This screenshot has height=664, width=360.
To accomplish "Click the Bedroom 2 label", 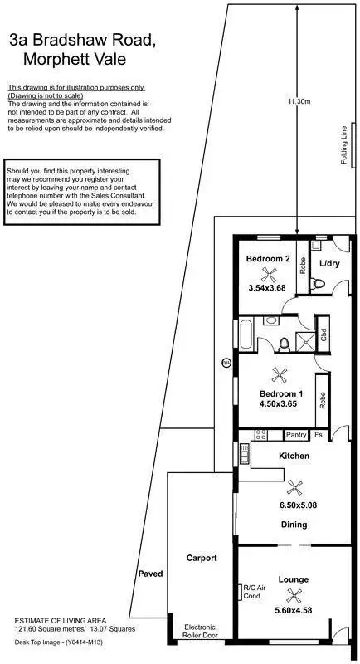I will (x=268, y=259).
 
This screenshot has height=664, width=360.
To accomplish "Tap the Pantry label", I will (x=295, y=434).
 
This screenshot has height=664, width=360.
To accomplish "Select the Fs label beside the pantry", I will (x=319, y=434).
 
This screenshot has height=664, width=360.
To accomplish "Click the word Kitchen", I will (x=294, y=456).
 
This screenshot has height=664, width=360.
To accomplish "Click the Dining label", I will (x=293, y=525).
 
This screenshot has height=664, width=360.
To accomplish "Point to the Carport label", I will (x=201, y=559).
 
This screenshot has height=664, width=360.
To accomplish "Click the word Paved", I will (x=150, y=574).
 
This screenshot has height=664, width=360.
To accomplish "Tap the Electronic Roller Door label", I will (x=199, y=631).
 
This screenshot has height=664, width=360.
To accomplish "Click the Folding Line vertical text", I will (x=343, y=146).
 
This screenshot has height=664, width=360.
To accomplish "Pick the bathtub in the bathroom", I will (x=246, y=335).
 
